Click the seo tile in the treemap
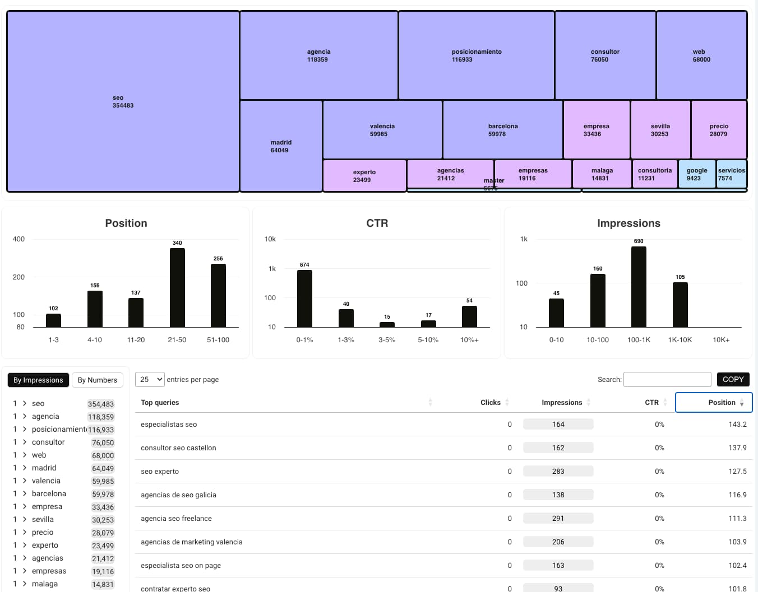[123, 101]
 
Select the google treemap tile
[697, 174]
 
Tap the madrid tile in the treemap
[281, 146]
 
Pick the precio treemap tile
[719, 130]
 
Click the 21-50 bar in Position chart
[177, 287]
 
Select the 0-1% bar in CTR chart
[304, 299]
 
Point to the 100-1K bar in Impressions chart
[639, 287]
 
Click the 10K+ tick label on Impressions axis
[721, 340]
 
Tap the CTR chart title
[377, 223]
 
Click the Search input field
[667, 380]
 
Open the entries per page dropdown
[150, 380]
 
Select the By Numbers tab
[98, 380]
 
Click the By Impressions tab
[38, 380]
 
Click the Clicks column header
[490, 403]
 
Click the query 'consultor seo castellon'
[178, 448]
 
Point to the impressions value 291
[558, 519]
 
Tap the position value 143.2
[737, 425]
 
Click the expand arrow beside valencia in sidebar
[25, 481]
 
